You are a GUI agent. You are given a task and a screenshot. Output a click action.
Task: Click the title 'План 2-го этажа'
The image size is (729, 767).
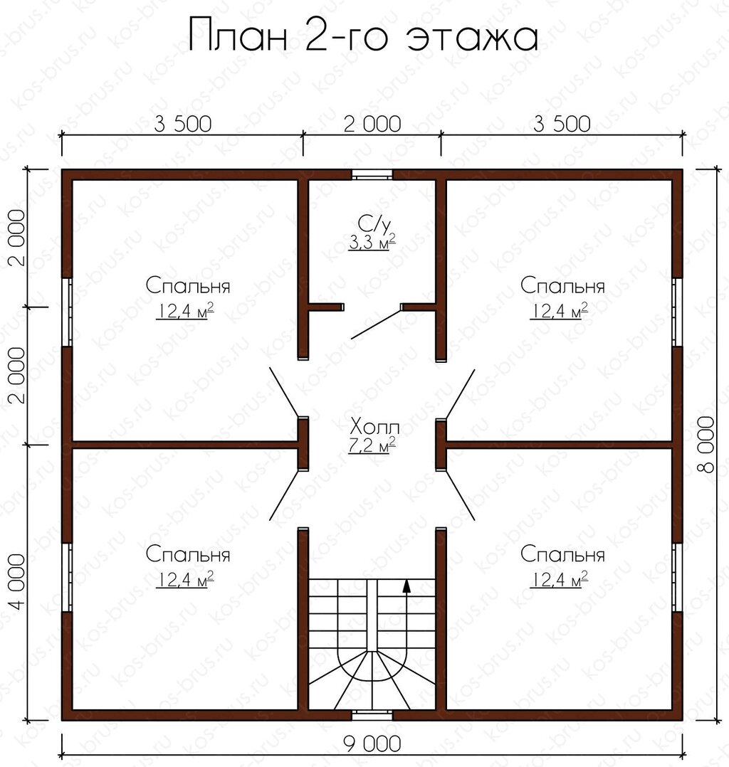click(364, 36)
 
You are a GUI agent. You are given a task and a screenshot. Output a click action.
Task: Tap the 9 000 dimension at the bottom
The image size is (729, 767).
click(372, 744)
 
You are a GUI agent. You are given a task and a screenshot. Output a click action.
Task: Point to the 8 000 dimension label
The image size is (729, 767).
click(706, 445)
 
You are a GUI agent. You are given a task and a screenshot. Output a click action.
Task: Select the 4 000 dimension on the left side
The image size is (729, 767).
click(18, 581)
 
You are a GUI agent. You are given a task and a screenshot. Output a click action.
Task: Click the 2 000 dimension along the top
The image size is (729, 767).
click(372, 124)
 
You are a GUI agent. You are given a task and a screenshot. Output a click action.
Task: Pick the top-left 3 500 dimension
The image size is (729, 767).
click(183, 124)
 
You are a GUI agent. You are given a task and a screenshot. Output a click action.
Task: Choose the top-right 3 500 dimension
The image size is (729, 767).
click(562, 124)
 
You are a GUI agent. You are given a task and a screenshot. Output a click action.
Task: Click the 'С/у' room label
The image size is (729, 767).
click(374, 224)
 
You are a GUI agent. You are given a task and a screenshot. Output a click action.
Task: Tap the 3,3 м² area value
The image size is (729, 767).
click(372, 242)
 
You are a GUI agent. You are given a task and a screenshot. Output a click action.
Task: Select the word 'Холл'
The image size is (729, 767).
click(375, 428)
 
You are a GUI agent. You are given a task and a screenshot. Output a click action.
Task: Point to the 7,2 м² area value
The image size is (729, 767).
click(372, 445)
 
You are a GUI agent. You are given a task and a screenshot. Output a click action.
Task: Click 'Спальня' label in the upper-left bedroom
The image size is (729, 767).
click(188, 286)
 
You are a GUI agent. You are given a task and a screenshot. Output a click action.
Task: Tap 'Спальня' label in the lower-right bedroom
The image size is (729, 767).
click(562, 555)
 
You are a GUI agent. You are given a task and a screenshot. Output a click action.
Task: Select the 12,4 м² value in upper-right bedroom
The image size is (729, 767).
click(559, 311)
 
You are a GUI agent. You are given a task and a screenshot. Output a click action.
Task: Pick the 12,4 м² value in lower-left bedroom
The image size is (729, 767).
click(184, 580)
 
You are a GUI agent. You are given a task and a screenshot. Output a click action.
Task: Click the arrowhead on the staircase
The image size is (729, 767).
click(406, 586)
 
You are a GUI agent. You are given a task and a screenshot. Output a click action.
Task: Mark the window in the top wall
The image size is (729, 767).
click(372, 174)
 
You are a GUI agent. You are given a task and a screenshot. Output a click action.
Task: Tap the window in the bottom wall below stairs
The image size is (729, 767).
click(372, 716)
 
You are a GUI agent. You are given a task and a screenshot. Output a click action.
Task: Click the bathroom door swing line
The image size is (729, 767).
click(376, 323)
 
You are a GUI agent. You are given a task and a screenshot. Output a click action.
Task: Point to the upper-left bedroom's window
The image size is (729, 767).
click(67, 312)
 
